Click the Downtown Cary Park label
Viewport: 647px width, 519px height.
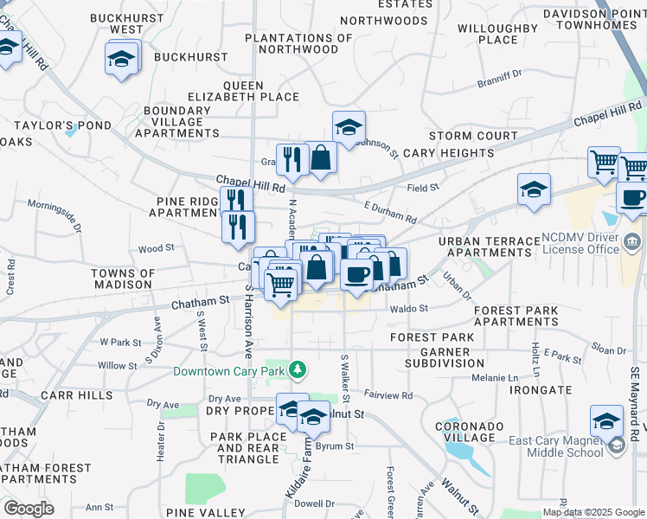tap(229, 372)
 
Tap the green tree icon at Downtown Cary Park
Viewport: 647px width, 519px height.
tap(298, 370)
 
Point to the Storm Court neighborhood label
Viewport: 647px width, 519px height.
tap(472, 136)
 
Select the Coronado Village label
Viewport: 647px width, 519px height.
tap(474, 432)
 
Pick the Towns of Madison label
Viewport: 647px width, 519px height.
tap(122, 279)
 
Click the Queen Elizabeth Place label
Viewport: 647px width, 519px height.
tap(260, 92)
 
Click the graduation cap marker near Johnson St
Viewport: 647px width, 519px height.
tap(348, 126)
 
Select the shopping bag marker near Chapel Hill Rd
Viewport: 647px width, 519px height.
tap(321, 157)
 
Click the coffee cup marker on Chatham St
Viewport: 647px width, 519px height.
tap(356, 274)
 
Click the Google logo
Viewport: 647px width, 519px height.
tap(28, 509)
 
